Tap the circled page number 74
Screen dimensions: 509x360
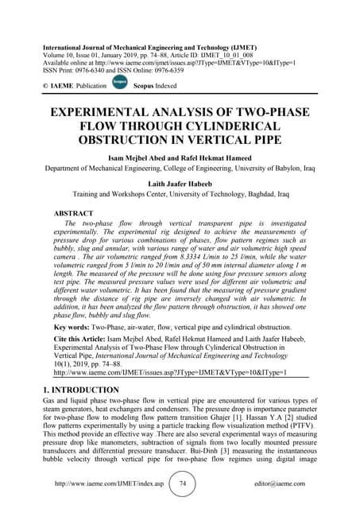click(x=182, y=484)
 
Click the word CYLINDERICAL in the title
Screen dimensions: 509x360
click(x=231, y=126)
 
